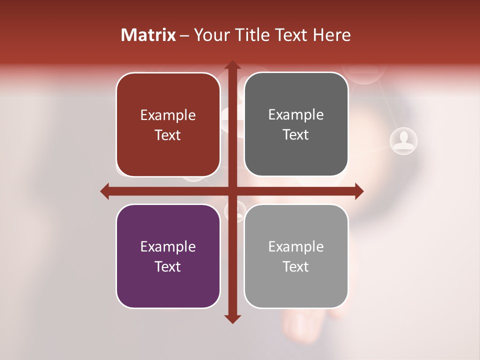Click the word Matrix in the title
[148, 35]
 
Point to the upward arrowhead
[232, 65]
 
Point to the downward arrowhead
[232, 318]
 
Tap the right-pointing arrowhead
[358, 191]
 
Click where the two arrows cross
[232, 191]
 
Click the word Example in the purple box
[168, 246]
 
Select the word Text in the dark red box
[168, 135]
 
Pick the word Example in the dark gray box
[296, 115]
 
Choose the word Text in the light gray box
[296, 266]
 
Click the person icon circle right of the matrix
[403, 140]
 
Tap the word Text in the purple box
[168, 266]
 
